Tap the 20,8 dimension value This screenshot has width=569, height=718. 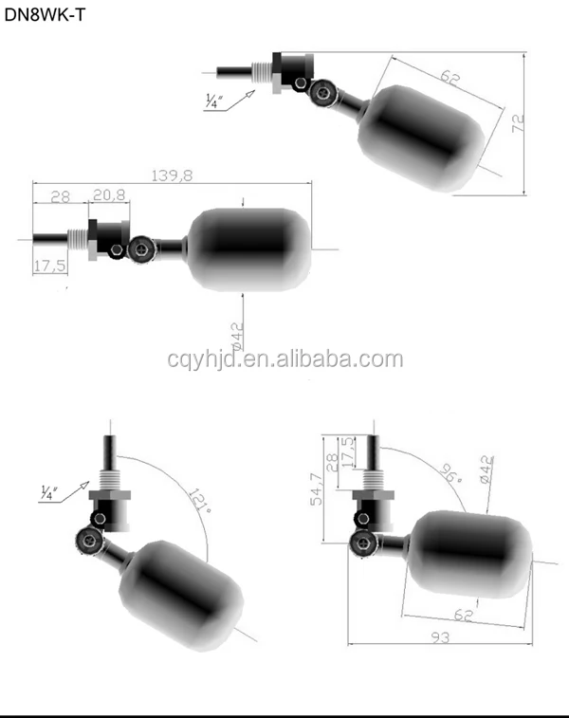[x=108, y=195]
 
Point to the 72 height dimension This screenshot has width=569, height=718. [x=517, y=122]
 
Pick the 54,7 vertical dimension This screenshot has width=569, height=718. [x=316, y=489]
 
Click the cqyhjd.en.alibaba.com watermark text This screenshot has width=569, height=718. [x=284, y=359]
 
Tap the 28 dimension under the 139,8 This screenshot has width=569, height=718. [x=61, y=196]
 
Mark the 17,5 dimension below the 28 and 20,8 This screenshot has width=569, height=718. [x=48, y=266]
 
